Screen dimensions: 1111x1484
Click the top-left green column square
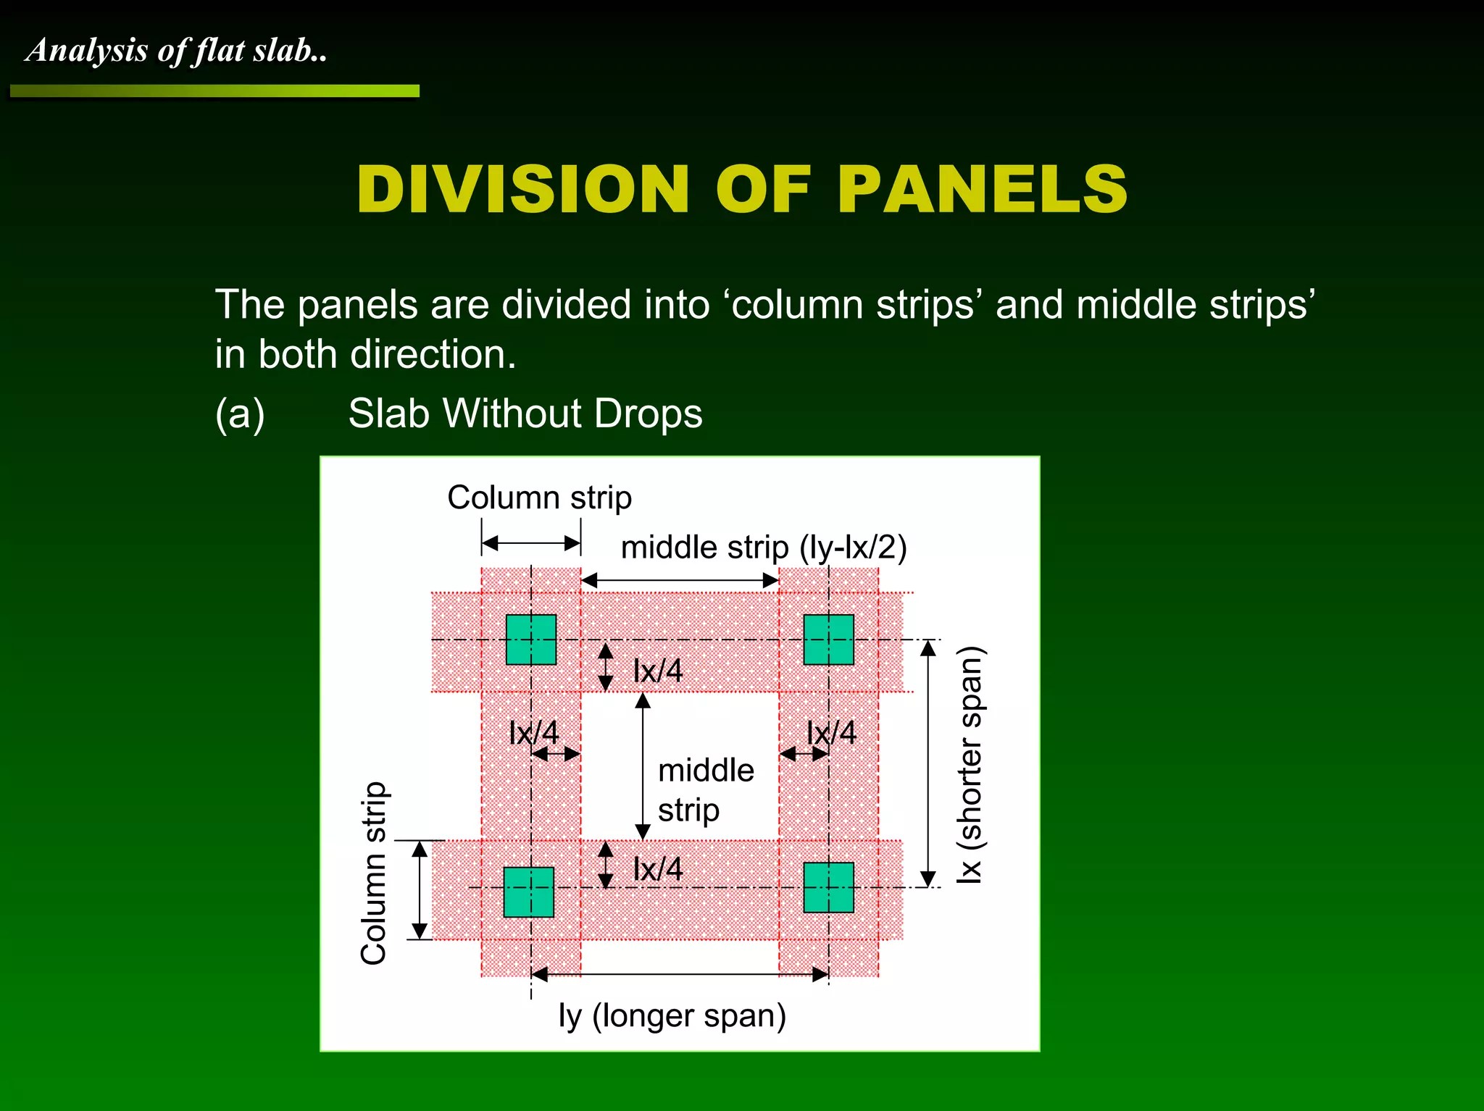coord(530,640)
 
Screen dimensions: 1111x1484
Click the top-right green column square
coord(828,640)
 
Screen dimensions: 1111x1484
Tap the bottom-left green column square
coord(528,892)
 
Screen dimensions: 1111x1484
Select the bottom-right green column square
coord(828,887)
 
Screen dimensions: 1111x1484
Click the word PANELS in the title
coord(982,190)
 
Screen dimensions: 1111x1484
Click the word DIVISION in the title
coord(522,190)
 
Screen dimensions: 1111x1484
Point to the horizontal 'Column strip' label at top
coord(539,498)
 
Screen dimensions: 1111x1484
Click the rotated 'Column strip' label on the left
coord(374,873)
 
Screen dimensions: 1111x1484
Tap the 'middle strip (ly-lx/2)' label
coord(763,548)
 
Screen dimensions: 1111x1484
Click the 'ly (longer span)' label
coord(672,1015)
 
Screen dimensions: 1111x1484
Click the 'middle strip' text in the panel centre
coord(705,789)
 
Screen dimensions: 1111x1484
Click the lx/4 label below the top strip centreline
coord(657,671)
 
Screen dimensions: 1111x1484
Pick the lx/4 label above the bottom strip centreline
coord(657,869)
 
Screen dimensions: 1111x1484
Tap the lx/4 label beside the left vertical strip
coord(533,733)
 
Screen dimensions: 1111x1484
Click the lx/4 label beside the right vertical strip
coord(831,733)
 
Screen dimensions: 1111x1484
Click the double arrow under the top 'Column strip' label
coord(531,543)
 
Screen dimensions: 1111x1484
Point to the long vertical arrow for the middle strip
coord(643,766)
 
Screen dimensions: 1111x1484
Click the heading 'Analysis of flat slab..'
coord(176,51)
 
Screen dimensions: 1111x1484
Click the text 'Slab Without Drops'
coord(525,414)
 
